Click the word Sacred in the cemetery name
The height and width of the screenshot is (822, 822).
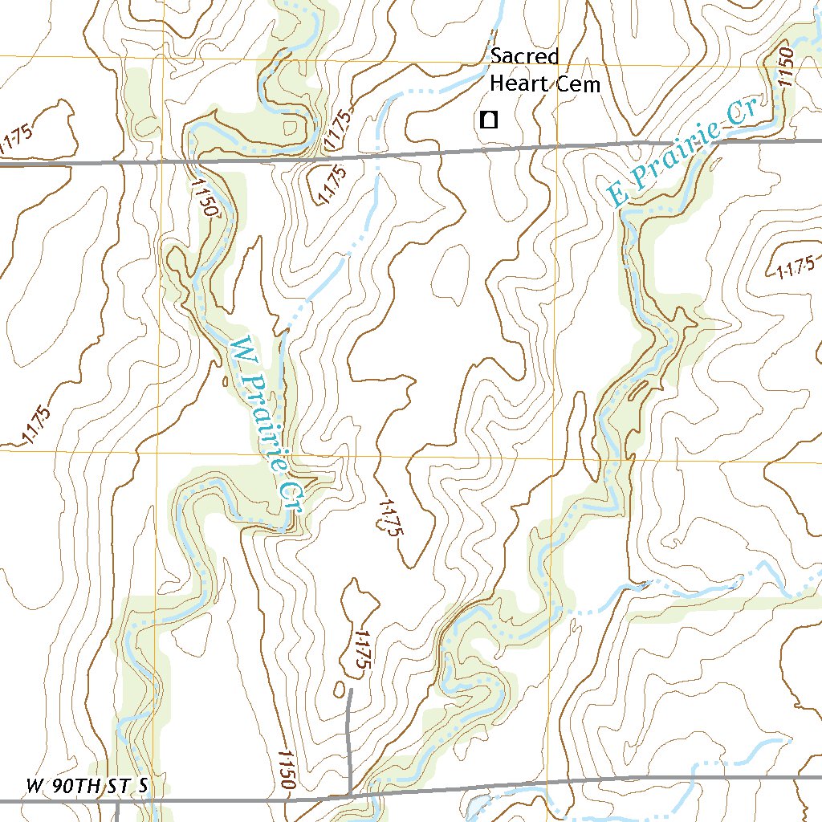point(524,56)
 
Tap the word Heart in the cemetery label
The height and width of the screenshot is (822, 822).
point(515,83)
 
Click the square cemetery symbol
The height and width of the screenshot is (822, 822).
point(487,120)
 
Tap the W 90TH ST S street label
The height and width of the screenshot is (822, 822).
point(87,786)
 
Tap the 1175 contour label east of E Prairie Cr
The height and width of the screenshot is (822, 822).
point(796,267)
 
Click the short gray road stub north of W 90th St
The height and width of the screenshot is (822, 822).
point(349,739)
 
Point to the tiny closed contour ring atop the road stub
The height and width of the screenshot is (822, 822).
point(341,689)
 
